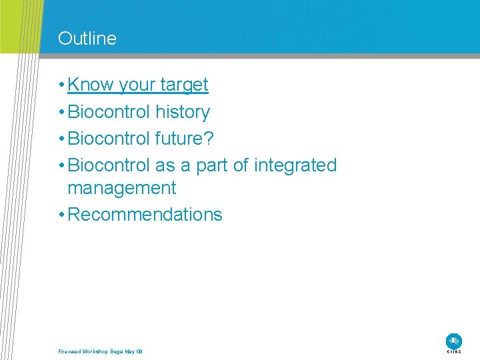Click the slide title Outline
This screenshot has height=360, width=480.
(x=87, y=39)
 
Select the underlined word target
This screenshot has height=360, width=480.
(x=184, y=85)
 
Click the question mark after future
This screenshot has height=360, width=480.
(x=209, y=139)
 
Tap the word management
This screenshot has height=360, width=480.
(x=122, y=188)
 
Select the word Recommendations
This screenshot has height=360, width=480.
(x=145, y=215)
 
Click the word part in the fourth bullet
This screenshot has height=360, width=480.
(x=211, y=166)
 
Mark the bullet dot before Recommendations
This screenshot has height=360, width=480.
(x=61, y=215)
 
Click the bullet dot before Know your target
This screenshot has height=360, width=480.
(x=61, y=85)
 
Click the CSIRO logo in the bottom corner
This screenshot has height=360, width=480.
(x=454, y=343)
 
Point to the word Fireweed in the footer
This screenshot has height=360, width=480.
(x=69, y=351)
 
